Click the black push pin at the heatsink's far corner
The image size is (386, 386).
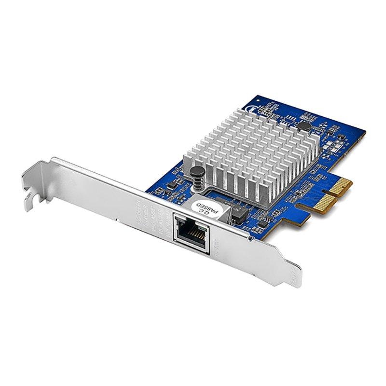point(303,126)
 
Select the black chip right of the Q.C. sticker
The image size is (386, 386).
point(237,211)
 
